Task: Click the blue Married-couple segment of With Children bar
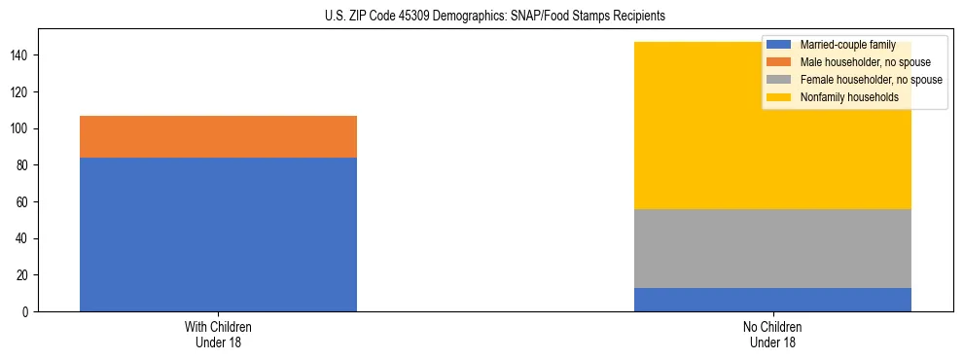pyautogui.click(x=218, y=234)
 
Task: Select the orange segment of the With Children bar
pyautogui.click(x=218, y=136)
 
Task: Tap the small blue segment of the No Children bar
pyautogui.click(x=772, y=300)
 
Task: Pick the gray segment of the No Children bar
pyautogui.click(x=772, y=248)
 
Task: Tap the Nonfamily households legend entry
pyautogui.click(x=848, y=97)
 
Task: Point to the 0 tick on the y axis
pyautogui.click(x=28, y=312)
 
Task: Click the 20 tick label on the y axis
pyautogui.click(x=25, y=275)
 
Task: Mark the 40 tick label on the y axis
pyautogui.click(x=25, y=238)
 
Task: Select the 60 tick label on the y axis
pyautogui.click(x=25, y=202)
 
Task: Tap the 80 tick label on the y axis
pyautogui.click(x=25, y=165)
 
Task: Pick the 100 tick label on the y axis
pyautogui.click(x=22, y=129)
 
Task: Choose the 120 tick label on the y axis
pyautogui.click(x=22, y=92)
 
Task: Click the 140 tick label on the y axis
pyautogui.click(x=22, y=55)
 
